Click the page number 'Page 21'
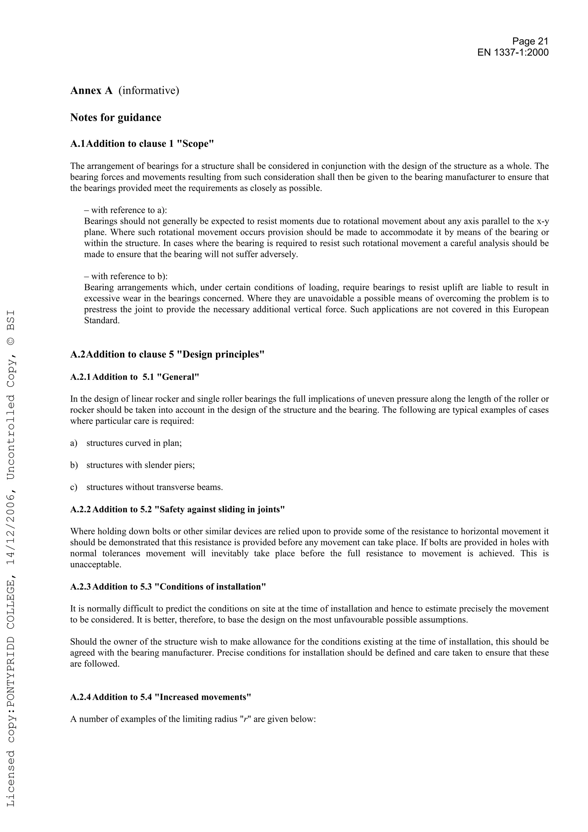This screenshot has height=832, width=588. point(530,41)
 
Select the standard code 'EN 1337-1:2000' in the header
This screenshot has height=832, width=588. point(513,53)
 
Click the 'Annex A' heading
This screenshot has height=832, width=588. point(91,91)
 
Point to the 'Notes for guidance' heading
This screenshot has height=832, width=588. point(116,117)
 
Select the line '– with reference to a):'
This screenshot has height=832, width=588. point(125,210)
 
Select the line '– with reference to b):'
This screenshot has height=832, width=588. point(126,276)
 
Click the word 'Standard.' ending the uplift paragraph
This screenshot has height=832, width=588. point(102,321)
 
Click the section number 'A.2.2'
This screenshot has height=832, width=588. point(80,510)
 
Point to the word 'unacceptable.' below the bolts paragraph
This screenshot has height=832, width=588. point(96,564)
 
